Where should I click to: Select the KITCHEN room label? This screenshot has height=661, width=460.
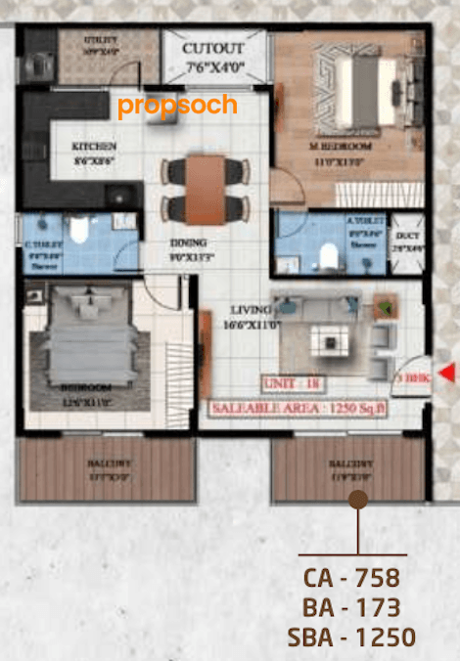(94, 148)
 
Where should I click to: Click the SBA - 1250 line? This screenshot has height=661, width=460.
(351, 638)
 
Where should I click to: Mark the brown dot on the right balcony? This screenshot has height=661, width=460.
(358, 500)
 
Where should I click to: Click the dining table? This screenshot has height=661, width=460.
(206, 188)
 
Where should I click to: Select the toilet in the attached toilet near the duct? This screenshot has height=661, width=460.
(330, 256)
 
